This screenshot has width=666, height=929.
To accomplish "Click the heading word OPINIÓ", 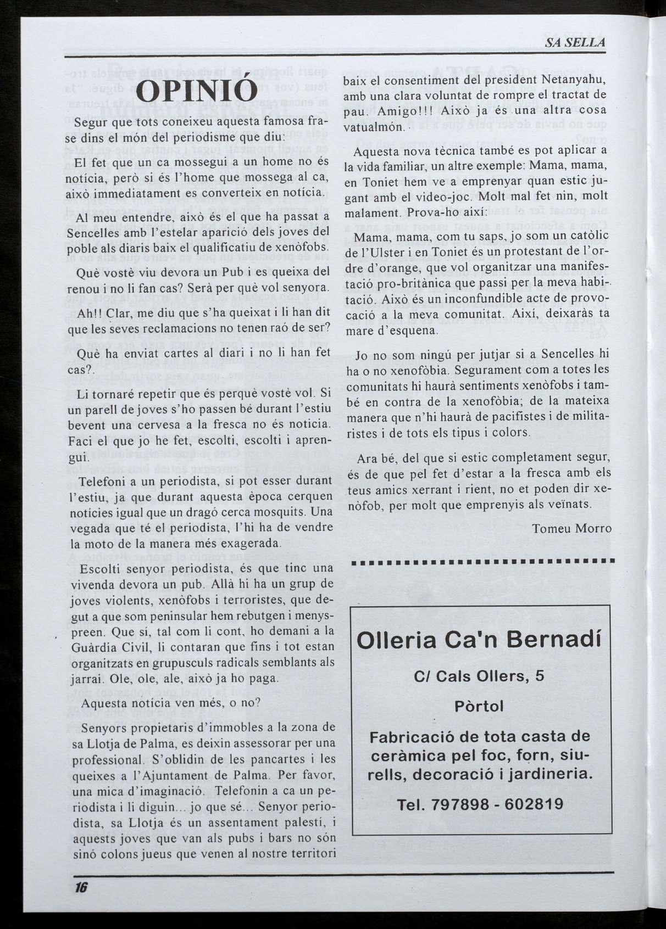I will (x=197, y=91).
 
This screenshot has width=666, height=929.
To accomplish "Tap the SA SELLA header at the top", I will (x=575, y=43).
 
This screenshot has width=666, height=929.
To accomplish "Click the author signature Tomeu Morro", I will (x=572, y=528).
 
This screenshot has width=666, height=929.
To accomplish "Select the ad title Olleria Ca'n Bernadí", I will (x=479, y=640).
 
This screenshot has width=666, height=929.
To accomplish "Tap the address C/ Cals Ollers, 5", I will (x=479, y=676).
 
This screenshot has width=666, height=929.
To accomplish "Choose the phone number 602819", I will (x=534, y=804).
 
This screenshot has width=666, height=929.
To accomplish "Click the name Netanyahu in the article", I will (x=574, y=82).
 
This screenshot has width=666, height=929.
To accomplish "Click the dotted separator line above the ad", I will (x=481, y=562).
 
